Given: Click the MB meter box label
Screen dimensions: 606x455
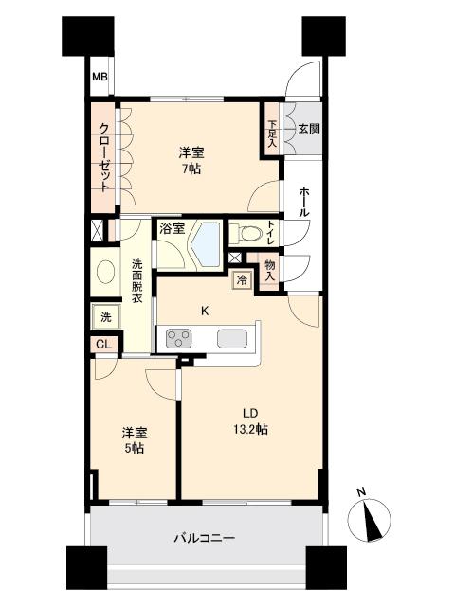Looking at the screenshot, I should click(x=99, y=79).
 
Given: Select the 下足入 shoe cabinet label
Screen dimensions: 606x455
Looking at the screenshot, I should click(x=272, y=127).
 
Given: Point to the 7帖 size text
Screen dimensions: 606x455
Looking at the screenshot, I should click(x=191, y=170).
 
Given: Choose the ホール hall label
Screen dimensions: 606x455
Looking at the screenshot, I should click(x=303, y=203).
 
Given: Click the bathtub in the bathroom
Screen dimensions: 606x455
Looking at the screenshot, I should click(x=205, y=244).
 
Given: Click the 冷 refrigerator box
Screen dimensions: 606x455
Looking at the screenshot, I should click(x=242, y=279).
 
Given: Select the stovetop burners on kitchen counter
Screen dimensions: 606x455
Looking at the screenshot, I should click(x=178, y=338).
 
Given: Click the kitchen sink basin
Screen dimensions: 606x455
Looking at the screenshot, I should click(x=231, y=338).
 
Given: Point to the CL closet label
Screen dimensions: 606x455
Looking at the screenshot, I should click(x=103, y=345).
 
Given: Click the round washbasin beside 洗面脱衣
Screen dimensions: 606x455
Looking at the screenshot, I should click(x=103, y=272).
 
